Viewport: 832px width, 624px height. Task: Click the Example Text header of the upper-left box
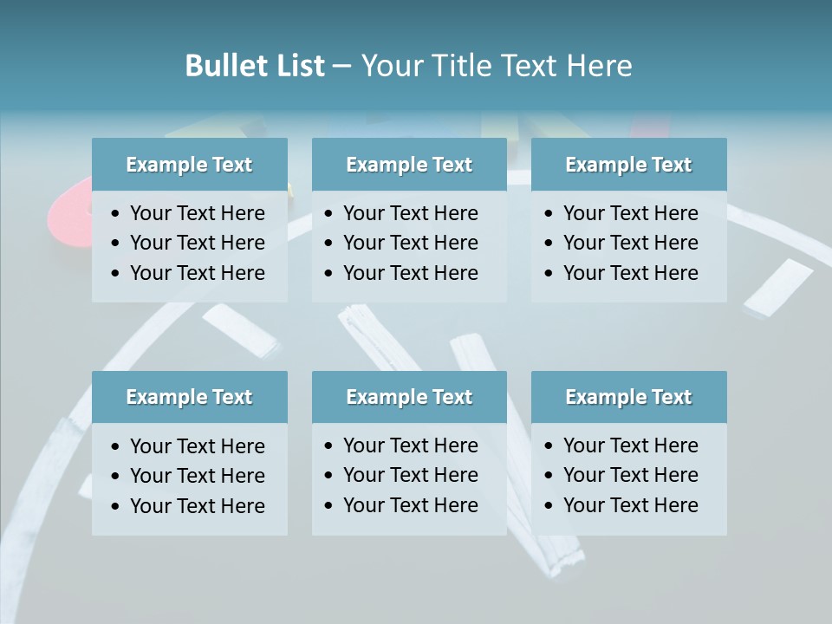(x=189, y=165)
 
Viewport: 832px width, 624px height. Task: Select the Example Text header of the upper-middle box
(x=409, y=165)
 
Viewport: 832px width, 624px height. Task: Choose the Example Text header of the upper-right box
(x=628, y=165)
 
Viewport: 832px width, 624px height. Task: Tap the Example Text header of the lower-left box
(x=189, y=397)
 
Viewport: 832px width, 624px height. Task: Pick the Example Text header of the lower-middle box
(x=409, y=397)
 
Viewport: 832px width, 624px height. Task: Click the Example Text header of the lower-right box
(x=628, y=397)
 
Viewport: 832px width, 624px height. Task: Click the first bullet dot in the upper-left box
(x=116, y=213)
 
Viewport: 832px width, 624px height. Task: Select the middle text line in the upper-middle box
(x=410, y=243)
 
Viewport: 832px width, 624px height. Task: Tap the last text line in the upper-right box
(x=630, y=272)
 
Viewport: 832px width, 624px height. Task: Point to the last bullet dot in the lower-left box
(x=116, y=506)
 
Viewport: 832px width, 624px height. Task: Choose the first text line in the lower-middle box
(x=410, y=445)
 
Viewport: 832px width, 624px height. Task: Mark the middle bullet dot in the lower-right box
(x=549, y=476)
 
